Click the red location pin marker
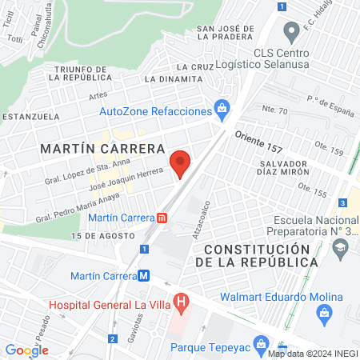point(180,164)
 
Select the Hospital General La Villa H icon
point(182,303)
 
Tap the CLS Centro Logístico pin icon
point(291,34)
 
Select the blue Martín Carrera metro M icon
point(144,276)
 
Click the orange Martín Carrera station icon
point(163,217)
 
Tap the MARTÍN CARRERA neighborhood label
point(105,149)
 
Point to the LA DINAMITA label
point(174,79)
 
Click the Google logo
point(26,350)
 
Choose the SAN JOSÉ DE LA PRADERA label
point(226,33)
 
